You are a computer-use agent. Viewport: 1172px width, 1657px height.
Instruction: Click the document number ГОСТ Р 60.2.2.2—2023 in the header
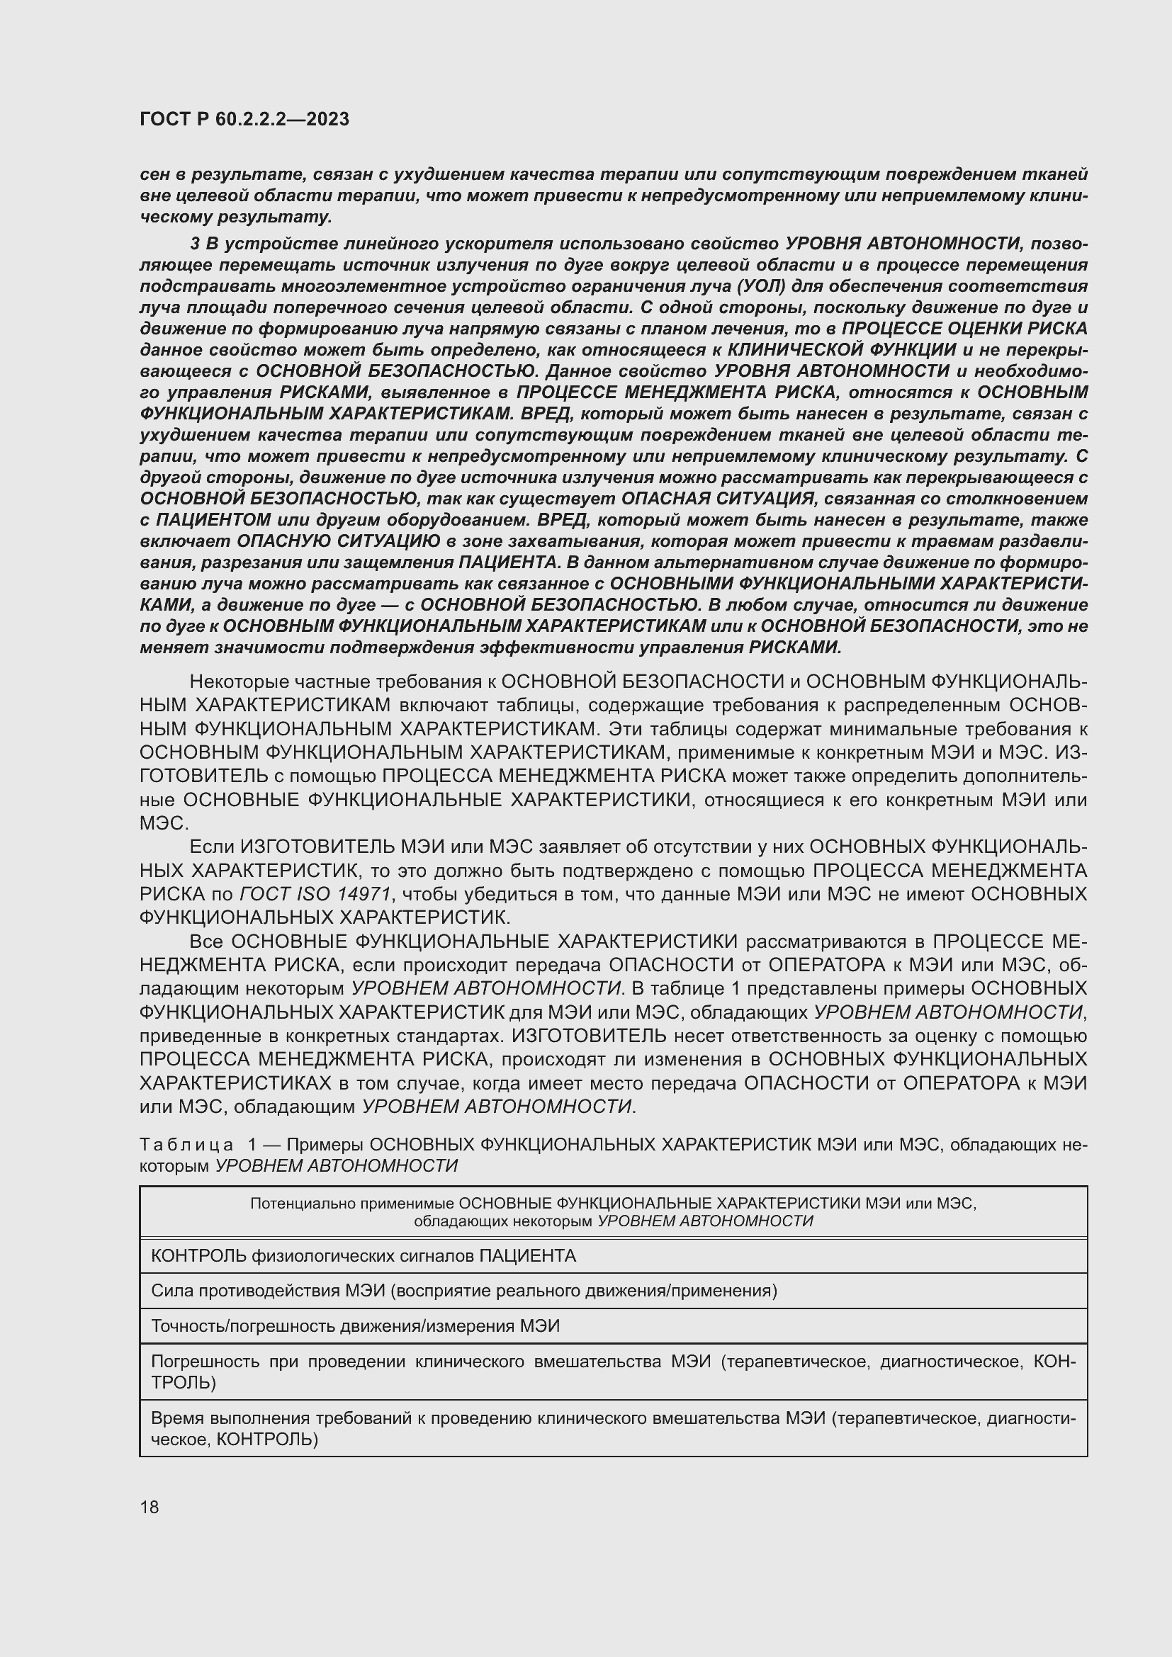244,119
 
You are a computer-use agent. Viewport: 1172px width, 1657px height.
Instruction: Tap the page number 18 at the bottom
150,1507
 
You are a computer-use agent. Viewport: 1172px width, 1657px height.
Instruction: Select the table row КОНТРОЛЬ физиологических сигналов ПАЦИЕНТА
363,1256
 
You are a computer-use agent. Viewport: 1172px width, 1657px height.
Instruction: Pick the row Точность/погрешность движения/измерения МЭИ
355,1325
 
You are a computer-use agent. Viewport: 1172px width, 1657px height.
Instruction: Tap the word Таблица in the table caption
186,1146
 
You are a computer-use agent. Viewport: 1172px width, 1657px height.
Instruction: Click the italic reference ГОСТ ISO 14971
315,894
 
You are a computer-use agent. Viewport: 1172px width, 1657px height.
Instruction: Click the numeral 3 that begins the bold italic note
195,244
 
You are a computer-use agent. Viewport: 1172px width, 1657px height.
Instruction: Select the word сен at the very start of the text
152,175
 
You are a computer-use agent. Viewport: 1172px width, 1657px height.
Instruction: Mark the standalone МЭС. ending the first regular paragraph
164,823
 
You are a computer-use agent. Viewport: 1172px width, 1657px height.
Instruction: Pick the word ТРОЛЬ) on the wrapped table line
184,1383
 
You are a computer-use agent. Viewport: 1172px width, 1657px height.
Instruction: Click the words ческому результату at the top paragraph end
235,217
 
